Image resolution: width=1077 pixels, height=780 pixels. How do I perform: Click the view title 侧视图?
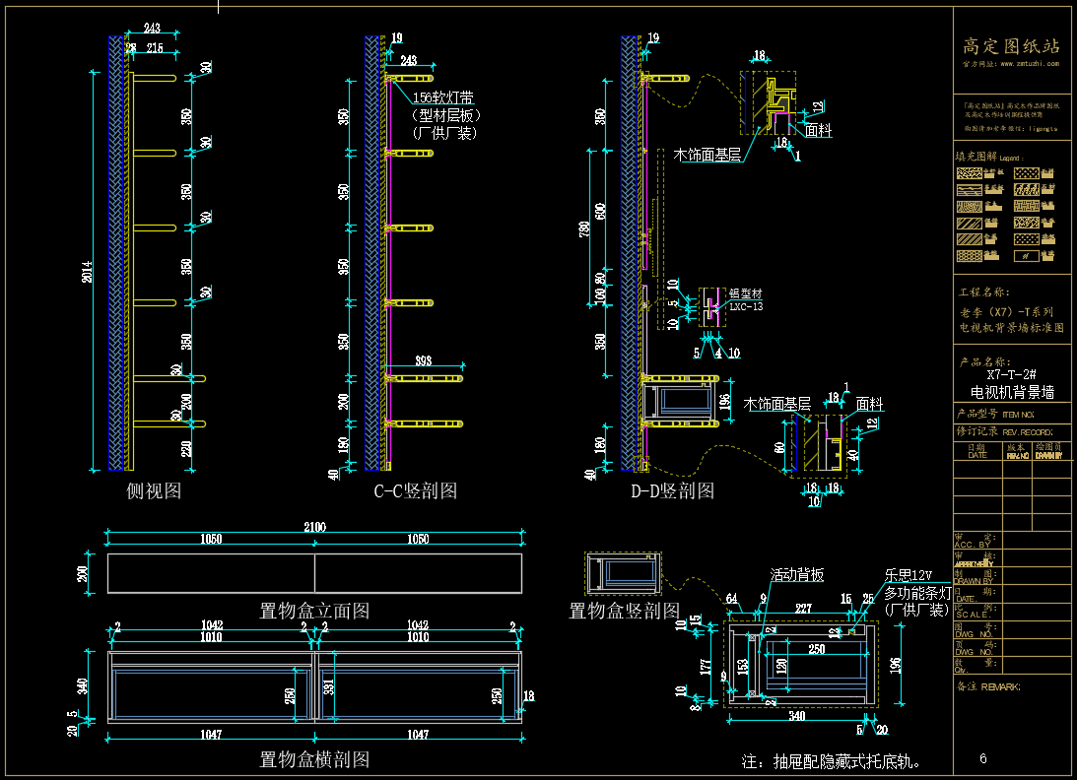[x=154, y=490]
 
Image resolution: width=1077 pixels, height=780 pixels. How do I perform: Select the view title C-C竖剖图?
[x=415, y=490]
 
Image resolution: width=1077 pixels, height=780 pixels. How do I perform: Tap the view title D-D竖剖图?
[x=672, y=490]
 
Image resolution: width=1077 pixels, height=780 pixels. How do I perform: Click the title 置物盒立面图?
[x=314, y=611]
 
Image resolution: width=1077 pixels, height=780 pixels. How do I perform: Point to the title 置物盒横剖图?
[x=314, y=759]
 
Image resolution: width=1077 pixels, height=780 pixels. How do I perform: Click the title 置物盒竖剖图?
[x=625, y=611]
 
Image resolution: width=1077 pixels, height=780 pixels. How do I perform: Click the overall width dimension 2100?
[x=314, y=528]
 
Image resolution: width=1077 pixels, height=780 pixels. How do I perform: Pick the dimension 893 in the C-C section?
[x=423, y=360]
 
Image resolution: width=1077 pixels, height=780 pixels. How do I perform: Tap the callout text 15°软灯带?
[x=442, y=97]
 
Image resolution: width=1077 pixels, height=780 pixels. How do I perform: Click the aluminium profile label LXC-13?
[x=745, y=306]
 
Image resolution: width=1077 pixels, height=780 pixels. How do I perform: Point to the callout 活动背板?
[x=797, y=575]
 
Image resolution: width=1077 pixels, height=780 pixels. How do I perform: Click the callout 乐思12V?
[x=908, y=575]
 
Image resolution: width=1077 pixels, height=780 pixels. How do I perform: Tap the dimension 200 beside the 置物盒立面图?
[x=83, y=573]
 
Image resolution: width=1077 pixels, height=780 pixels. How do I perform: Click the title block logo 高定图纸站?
[x=1011, y=46]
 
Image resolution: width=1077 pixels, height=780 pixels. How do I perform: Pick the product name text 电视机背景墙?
[x=1012, y=391]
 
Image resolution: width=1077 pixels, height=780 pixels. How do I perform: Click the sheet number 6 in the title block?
[x=983, y=758]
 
